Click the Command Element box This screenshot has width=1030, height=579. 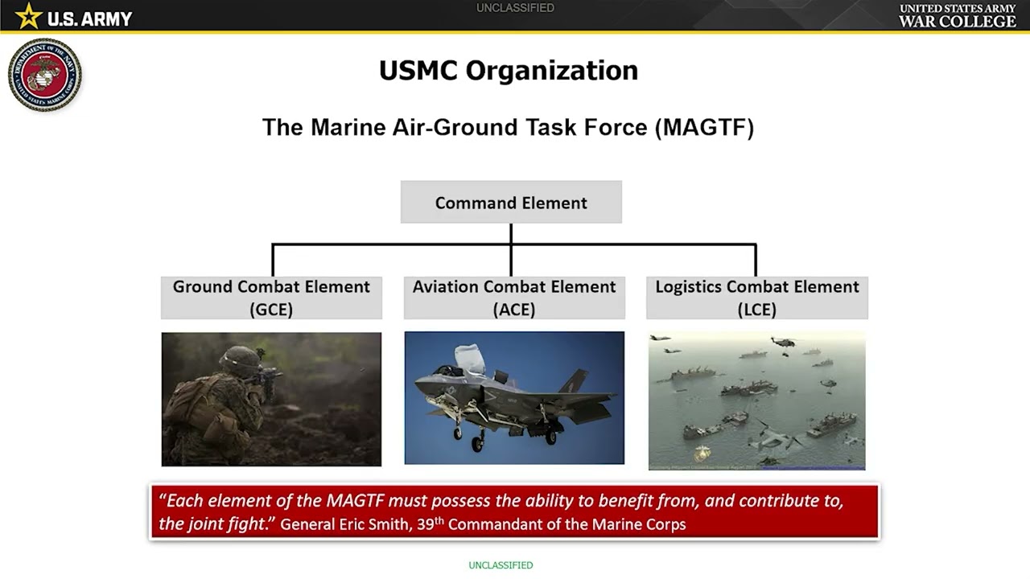click(511, 203)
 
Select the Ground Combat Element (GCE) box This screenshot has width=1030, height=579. click(271, 298)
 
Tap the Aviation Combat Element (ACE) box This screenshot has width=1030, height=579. click(513, 298)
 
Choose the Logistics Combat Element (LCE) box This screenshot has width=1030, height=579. click(756, 298)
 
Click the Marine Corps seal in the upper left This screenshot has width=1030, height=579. click(45, 75)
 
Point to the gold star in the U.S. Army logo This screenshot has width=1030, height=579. click(28, 16)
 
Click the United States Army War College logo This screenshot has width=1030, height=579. click(957, 16)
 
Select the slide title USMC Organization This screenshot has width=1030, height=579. click(509, 71)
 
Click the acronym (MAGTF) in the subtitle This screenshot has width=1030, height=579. click(704, 128)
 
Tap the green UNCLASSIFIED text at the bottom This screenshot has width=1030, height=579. click(501, 565)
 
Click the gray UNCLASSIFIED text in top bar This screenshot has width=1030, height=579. click(515, 8)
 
